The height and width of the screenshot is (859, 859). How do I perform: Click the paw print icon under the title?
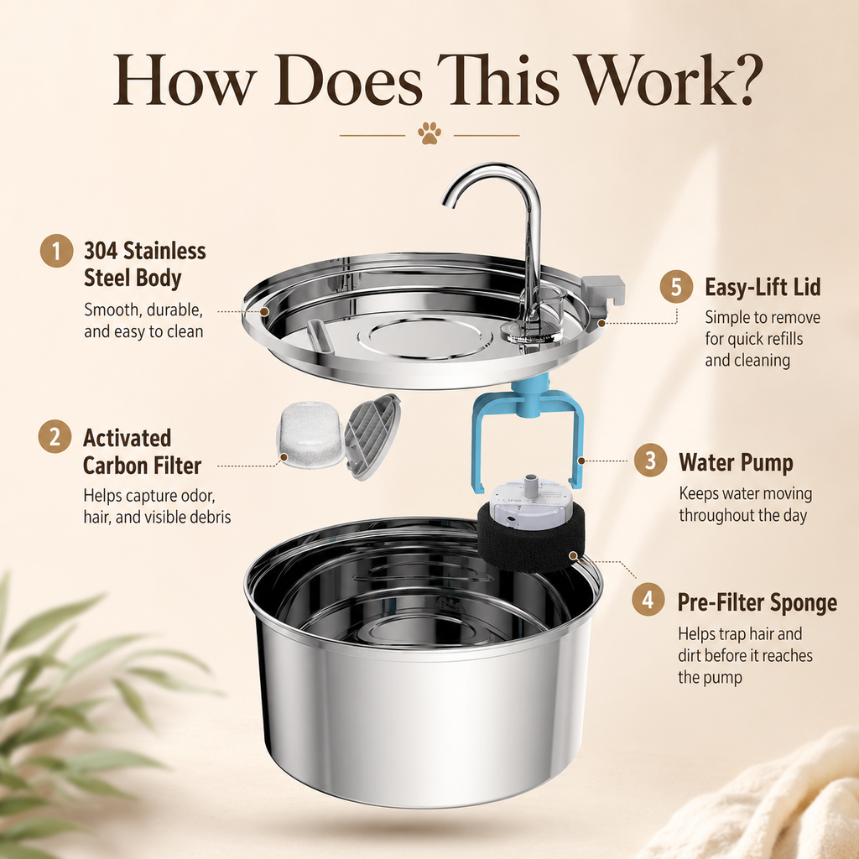coord(429,133)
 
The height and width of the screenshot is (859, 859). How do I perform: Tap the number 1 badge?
coord(56,251)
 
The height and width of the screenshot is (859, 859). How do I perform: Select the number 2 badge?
coord(55,436)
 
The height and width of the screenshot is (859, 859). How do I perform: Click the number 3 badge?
coord(650,461)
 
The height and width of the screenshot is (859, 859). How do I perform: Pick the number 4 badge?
coord(648,599)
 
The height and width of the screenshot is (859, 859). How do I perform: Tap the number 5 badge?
coord(676,287)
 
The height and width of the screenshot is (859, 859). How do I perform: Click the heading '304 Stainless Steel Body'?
coord(144,264)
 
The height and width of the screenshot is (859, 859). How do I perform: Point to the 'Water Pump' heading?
coord(736,463)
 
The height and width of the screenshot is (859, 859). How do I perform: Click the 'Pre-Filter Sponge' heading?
coord(757,602)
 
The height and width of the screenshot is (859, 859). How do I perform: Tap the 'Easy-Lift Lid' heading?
coord(763,287)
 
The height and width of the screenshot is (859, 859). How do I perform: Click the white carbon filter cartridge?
coord(310,435)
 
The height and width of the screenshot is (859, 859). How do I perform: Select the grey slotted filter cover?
coord(372,436)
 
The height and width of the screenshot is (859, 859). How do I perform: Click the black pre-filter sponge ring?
coord(530,539)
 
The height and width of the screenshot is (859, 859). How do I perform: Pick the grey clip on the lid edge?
coord(603,289)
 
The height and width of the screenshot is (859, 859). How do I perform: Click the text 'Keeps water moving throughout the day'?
coord(745,504)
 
